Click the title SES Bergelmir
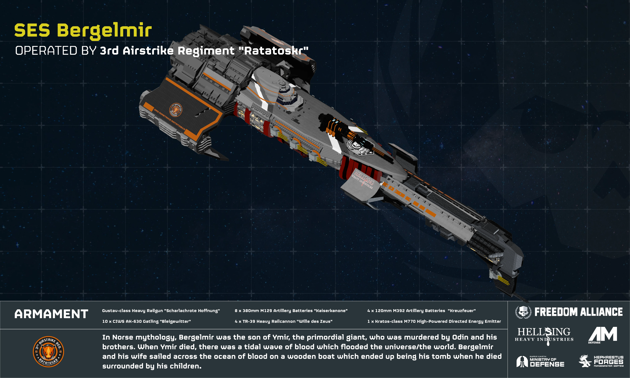pyautogui.click(x=83, y=31)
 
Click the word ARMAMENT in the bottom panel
pyautogui.click(x=51, y=314)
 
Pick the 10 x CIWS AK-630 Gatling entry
pyautogui.click(x=146, y=321)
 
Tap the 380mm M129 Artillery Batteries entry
pyautogui.click(x=291, y=311)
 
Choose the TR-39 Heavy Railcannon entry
pyautogui.click(x=283, y=321)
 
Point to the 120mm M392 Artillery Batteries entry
pyautogui.click(x=421, y=311)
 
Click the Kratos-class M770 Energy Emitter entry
pyautogui.click(x=434, y=321)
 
